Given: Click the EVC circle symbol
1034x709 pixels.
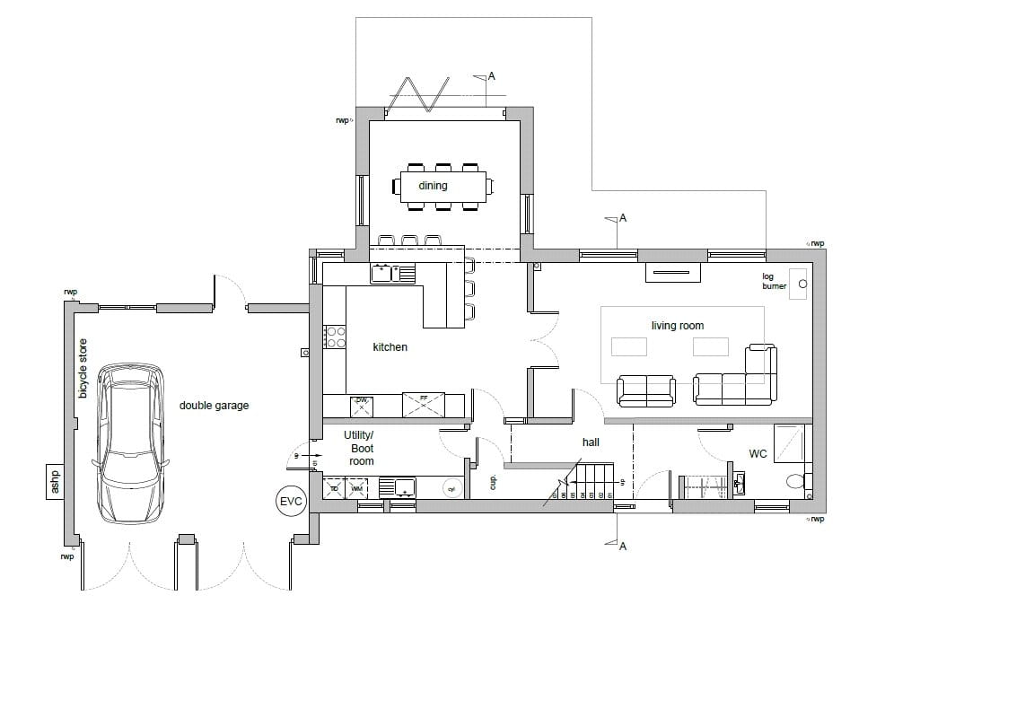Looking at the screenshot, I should (291, 501).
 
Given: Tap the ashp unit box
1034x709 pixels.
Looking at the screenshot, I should (54, 481).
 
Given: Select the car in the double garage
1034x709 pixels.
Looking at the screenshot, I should (131, 443).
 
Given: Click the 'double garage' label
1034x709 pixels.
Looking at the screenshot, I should (214, 406).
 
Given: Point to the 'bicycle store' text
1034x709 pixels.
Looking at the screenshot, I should (83, 368).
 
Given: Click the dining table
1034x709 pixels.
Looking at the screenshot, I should (440, 186).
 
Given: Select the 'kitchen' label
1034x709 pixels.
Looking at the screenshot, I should (390, 346).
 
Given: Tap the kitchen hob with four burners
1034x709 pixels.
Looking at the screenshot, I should (335, 337).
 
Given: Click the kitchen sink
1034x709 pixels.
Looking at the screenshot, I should (392, 272).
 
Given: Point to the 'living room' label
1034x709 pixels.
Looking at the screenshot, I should (678, 326).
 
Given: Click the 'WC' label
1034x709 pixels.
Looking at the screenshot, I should (758, 454).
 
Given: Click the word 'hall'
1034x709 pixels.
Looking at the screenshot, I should (591, 442).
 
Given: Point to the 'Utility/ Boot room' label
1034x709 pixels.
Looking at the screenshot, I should (361, 448).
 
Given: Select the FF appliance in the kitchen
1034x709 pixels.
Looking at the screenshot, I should (423, 405).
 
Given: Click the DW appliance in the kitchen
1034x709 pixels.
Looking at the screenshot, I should (360, 406).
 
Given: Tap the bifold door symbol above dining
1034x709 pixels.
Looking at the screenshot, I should (418, 92).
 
